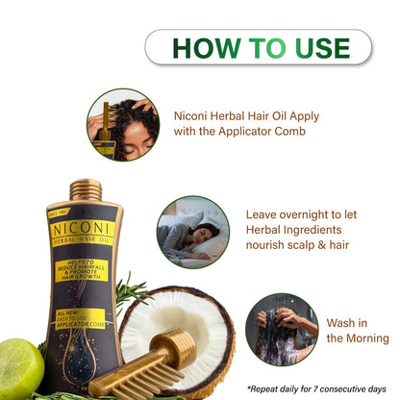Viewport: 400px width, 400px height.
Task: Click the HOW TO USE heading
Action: click(x=258, y=47)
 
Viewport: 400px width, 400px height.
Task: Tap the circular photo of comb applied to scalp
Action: click(x=122, y=124)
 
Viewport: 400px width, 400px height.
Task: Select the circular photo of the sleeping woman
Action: click(x=192, y=232)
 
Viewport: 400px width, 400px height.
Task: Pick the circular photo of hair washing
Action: click(x=281, y=329)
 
